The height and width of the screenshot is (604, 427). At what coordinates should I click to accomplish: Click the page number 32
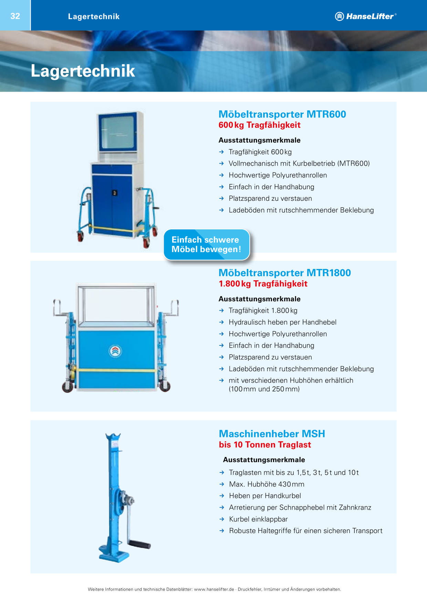[15, 16]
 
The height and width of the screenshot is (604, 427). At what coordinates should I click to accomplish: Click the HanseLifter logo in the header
[366, 16]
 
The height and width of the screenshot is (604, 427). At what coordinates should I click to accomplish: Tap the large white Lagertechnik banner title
[83, 71]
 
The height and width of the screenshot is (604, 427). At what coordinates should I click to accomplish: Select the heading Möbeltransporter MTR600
[282, 114]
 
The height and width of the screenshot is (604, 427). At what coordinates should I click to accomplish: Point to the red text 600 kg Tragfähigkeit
[260, 125]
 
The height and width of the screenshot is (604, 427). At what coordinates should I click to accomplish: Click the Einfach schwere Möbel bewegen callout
[207, 244]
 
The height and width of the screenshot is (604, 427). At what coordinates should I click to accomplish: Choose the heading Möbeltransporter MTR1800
[285, 273]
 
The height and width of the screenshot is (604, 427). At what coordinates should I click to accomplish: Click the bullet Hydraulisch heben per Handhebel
[282, 322]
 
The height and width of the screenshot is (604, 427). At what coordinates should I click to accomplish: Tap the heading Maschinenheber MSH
[272, 434]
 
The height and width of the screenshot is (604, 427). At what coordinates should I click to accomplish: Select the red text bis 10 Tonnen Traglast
[265, 445]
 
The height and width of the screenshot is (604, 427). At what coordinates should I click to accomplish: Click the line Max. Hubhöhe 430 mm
[267, 484]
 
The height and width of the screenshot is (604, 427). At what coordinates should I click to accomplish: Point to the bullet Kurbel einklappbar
[258, 519]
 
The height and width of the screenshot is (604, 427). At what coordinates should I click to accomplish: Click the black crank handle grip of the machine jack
[140, 544]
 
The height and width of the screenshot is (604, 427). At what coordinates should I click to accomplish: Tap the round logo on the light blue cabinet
[115, 351]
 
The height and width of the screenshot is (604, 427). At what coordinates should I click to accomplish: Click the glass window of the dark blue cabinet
[117, 132]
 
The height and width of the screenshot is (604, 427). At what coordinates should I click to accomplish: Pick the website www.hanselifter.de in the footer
[214, 589]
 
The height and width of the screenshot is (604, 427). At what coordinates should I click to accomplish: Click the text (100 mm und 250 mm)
[264, 389]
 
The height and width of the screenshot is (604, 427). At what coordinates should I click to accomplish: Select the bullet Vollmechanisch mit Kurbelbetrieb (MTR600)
[299, 164]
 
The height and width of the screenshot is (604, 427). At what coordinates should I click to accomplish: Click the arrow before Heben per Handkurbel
[222, 496]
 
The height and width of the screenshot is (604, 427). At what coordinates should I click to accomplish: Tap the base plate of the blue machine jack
[114, 554]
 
